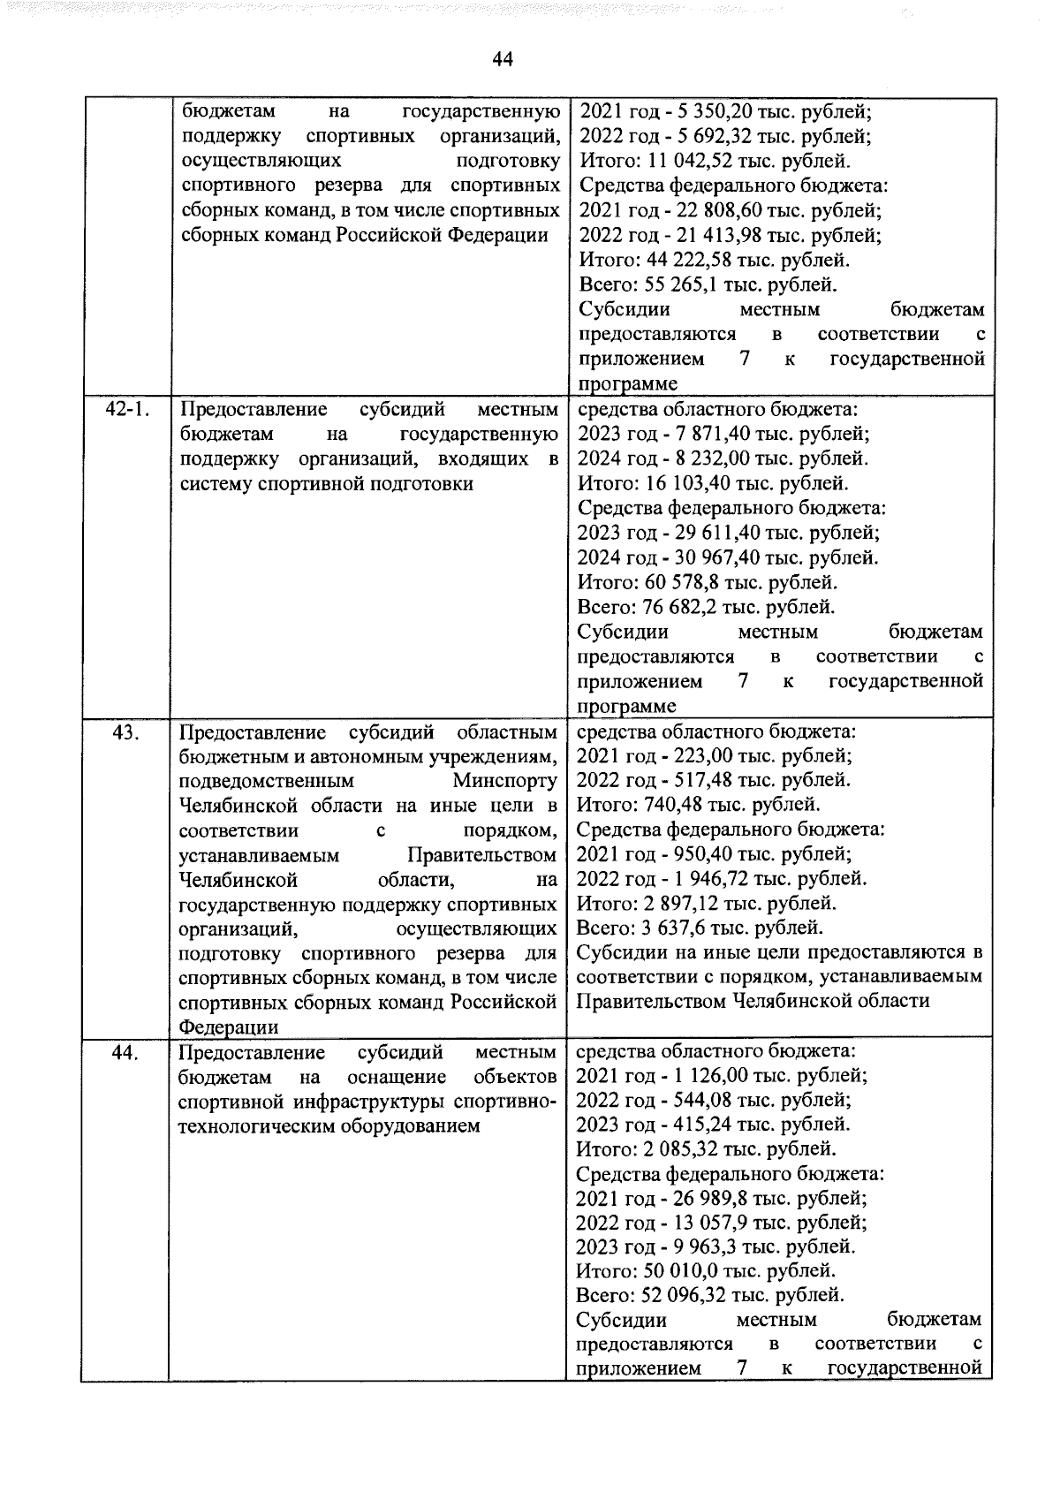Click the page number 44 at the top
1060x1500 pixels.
coord(503,59)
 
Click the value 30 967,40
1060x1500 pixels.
coord(720,557)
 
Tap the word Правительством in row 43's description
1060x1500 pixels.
coord(481,855)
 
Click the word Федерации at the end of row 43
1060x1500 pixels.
coord(228,1027)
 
